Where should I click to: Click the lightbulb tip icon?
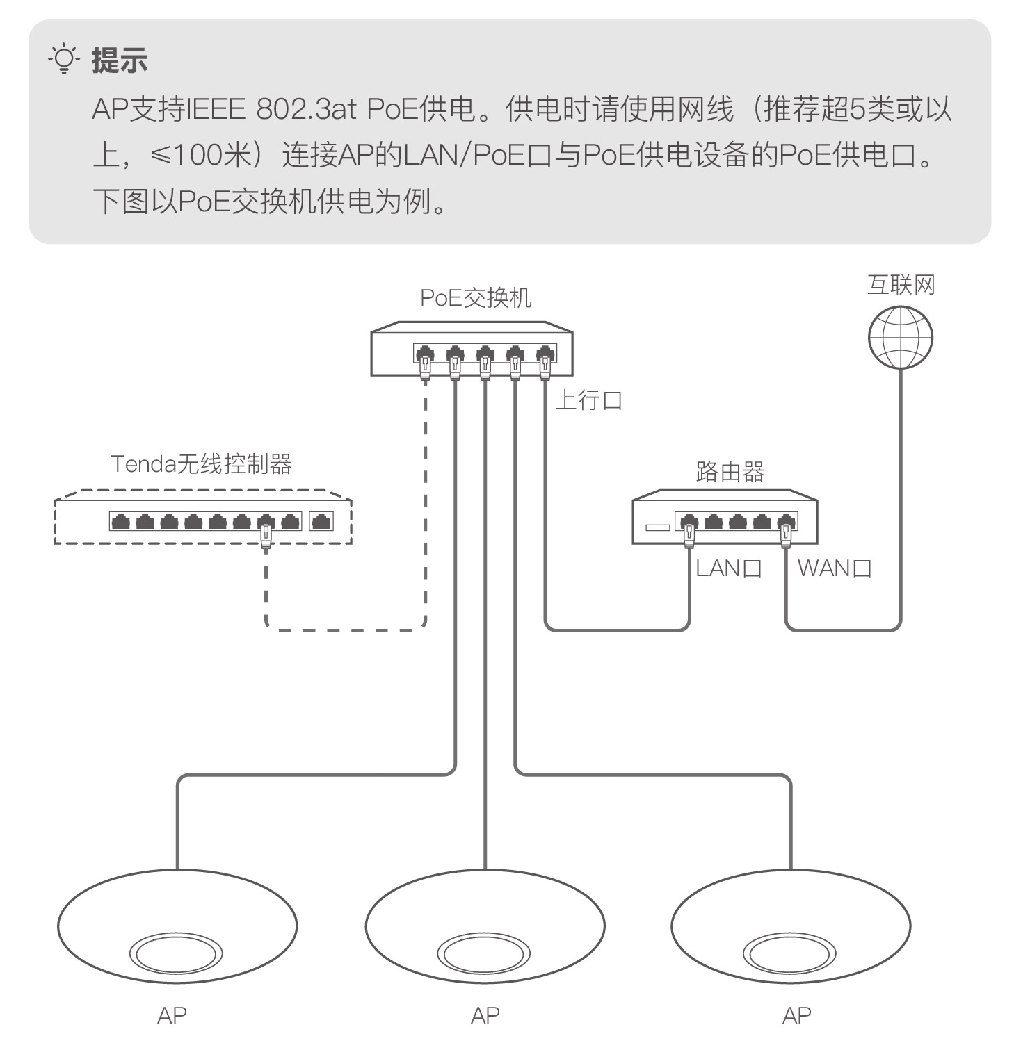click(x=63, y=60)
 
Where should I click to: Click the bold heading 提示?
click(x=120, y=60)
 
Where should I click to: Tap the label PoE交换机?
click(x=476, y=298)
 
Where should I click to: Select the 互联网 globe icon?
click(x=900, y=337)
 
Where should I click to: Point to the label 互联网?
click(x=901, y=285)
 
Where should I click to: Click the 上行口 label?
click(x=588, y=401)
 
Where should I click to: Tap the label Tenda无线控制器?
click(x=201, y=463)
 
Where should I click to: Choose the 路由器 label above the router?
click(x=730, y=472)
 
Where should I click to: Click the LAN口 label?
click(x=728, y=568)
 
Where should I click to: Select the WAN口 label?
click(x=834, y=568)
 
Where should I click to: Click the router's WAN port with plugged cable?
click(x=786, y=521)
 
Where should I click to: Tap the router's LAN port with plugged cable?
click(x=689, y=521)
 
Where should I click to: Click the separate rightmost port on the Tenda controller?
click(x=321, y=521)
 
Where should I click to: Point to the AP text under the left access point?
click(x=172, y=1015)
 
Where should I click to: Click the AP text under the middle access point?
click(x=485, y=1015)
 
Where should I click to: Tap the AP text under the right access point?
click(x=796, y=1015)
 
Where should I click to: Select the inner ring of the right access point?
click(x=789, y=954)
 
